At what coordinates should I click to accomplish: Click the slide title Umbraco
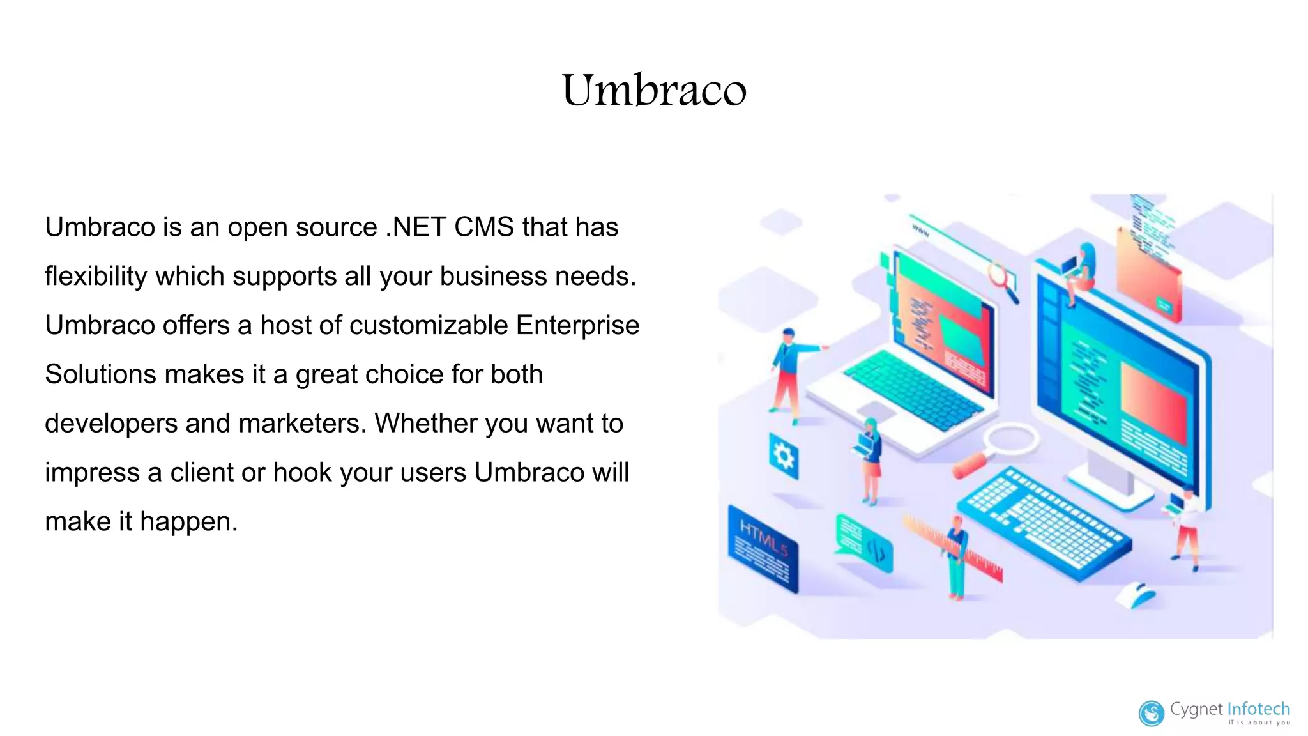click(654, 90)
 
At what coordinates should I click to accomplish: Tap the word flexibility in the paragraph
click(96, 277)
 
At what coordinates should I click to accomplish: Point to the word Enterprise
click(577, 326)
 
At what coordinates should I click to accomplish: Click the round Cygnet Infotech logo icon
click(1152, 714)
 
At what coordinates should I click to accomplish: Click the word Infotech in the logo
click(1258, 709)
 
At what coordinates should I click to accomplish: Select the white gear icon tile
click(784, 456)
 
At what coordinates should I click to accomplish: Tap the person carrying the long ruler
click(956, 556)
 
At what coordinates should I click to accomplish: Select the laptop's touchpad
click(876, 411)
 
